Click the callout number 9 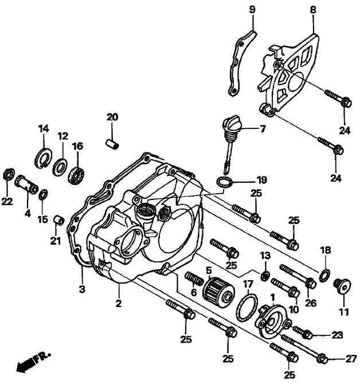pyautogui.click(x=252, y=10)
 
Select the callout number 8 pyautogui.click(x=313, y=9)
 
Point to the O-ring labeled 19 pyautogui.click(x=225, y=183)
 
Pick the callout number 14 pyautogui.click(x=44, y=128)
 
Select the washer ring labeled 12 pyautogui.click(x=58, y=168)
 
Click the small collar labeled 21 pyautogui.click(x=57, y=219)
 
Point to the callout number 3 pyautogui.click(x=82, y=289)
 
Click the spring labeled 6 pyautogui.click(x=195, y=281)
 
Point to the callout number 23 pyautogui.click(x=338, y=335)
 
